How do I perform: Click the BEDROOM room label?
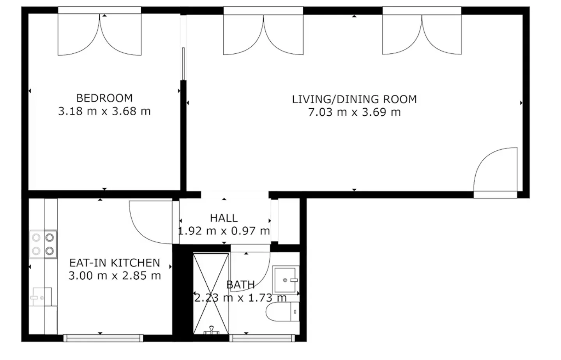[104, 98]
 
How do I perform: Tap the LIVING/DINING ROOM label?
[355, 99]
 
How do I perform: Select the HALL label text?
[224, 218]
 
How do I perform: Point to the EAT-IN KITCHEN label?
[115, 263]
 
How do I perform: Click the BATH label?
[240, 284]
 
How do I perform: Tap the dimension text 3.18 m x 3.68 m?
[104, 111]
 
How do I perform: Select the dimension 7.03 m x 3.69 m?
[355, 112]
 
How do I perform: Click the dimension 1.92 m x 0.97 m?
[224, 231]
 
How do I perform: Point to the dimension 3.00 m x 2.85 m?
[115, 276]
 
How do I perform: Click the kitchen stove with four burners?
[43, 244]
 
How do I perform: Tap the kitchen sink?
[41, 297]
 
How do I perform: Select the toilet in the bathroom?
[282, 312]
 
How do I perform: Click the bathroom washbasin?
[286, 280]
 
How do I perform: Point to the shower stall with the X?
[211, 294]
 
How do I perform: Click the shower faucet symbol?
[212, 330]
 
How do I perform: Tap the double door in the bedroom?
[100, 34]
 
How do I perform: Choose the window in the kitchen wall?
[103, 338]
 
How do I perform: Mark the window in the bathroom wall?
[262, 338]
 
